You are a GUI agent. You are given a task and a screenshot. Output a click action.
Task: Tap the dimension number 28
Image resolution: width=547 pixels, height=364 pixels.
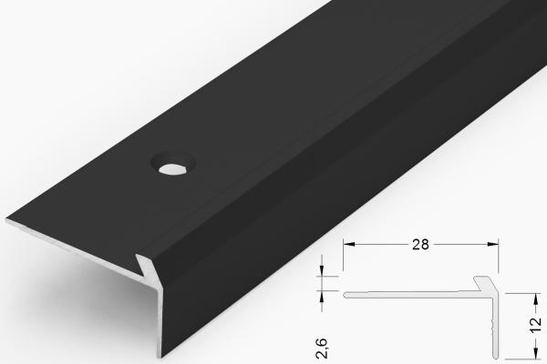point(421,244)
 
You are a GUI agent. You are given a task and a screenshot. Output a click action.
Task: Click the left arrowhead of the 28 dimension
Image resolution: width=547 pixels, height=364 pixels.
point(346,244)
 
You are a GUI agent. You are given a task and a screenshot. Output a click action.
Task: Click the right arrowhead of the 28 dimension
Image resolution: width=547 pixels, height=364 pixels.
point(496,244)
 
